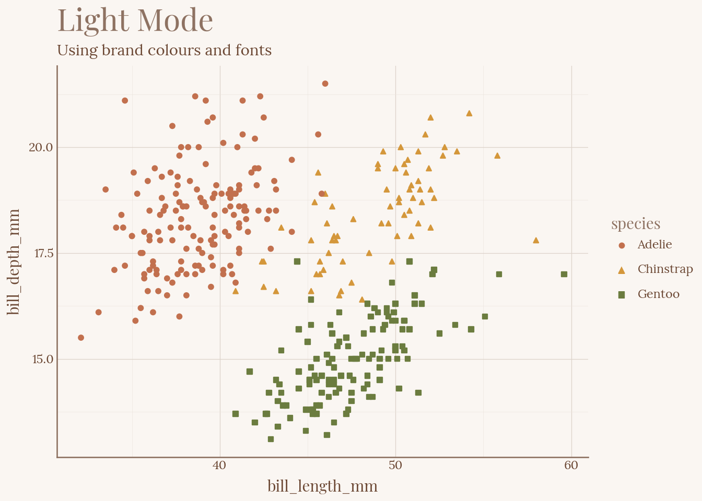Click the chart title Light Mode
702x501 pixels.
tap(135, 21)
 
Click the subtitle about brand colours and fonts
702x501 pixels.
tap(164, 51)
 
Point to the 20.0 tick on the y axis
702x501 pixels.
tap(41, 147)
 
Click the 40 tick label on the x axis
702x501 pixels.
tap(220, 466)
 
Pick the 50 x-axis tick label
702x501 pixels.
tap(395, 466)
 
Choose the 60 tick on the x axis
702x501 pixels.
tap(571, 466)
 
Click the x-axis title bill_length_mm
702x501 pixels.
tap(322, 486)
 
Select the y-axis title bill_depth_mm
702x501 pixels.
tap(15, 262)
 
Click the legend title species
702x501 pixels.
tap(636, 224)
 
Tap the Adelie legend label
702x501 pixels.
tap(654, 245)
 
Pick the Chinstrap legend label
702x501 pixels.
tap(665, 269)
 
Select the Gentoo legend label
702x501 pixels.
tap(658, 294)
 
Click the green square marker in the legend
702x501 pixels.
tap(622, 295)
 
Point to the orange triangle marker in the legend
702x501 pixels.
tap(622, 270)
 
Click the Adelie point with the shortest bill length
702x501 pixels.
tap(81, 338)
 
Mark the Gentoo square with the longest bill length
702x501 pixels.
tap(564, 274)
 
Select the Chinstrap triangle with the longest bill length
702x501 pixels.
tap(536, 241)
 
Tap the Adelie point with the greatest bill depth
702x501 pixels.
tap(325, 83)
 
